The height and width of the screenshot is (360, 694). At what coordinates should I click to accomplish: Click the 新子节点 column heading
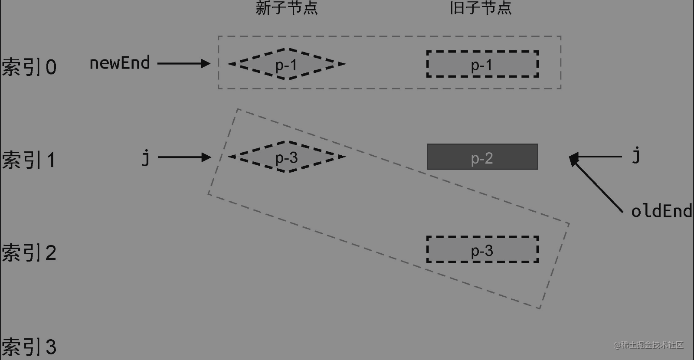click(x=287, y=8)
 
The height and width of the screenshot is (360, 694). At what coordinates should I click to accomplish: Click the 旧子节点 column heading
click(x=481, y=8)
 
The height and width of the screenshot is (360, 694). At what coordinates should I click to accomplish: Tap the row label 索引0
click(x=29, y=67)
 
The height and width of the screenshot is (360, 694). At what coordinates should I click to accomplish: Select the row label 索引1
click(x=29, y=160)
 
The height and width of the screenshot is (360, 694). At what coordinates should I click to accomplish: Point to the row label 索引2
click(x=29, y=253)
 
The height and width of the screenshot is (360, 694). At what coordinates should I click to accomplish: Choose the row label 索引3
click(x=29, y=347)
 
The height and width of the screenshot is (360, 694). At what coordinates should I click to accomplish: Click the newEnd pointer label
click(x=120, y=63)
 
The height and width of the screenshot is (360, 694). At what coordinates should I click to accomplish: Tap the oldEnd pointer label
click(x=661, y=211)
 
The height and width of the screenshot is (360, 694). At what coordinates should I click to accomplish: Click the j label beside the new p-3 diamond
click(x=146, y=157)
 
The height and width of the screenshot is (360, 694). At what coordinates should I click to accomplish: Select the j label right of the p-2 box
click(x=636, y=154)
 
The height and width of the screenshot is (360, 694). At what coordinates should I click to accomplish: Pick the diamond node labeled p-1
click(x=287, y=64)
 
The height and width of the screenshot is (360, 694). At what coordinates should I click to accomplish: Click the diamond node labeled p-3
click(x=287, y=157)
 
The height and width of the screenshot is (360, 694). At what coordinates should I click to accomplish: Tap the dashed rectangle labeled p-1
click(x=482, y=64)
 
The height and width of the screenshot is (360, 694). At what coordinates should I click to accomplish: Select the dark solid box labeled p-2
click(x=482, y=157)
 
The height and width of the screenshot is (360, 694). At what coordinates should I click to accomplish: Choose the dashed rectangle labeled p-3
click(x=482, y=250)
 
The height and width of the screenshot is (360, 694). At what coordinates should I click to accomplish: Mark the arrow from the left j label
click(x=184, y=157)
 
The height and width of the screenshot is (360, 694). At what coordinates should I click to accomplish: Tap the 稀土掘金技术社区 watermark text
click(x=648, y=345)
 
